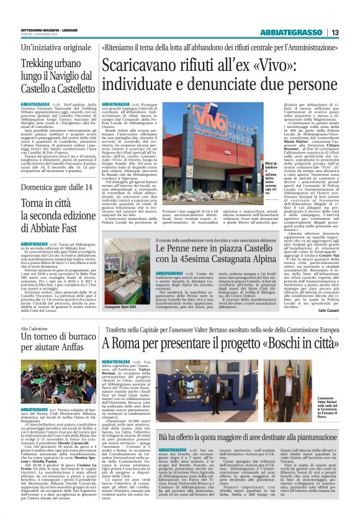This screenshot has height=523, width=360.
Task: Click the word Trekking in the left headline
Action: [40, 63]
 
